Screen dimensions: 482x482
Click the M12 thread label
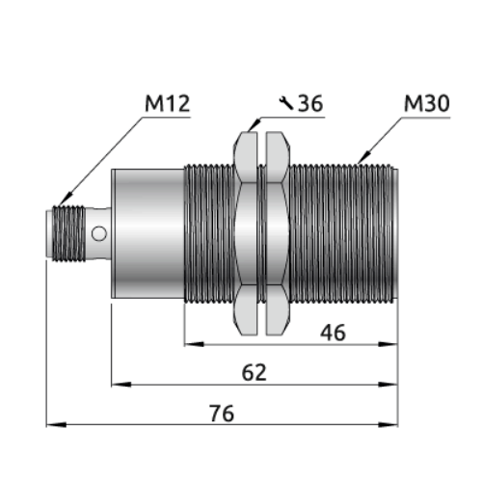[168, 103]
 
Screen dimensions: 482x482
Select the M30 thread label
[427, 103]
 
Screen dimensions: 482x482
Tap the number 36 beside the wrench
[310, 103]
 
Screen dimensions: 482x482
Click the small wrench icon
[286, 103]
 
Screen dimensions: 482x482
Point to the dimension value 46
[333, 333]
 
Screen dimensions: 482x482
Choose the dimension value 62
[254, 372]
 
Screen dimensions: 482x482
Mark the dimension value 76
[222, 414]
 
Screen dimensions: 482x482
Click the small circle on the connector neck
[99, 233]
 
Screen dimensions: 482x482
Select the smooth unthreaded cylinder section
[147, 233]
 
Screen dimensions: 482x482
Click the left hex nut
[246, 233]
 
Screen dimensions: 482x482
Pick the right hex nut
[278, 233]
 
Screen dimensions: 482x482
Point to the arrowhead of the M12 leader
[66, 200]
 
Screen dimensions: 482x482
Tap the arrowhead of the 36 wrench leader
[254, 125]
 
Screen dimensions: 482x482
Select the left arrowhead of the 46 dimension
[195, 344]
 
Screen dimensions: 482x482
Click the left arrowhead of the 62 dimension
[121, 385]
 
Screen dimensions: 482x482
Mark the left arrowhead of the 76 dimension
[56, 425]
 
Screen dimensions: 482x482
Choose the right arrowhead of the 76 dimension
[388, 425]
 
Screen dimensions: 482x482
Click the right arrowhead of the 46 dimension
[388, 344]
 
